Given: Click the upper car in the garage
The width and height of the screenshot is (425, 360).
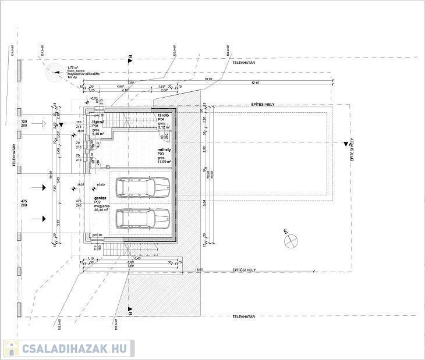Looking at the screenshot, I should [143, 187].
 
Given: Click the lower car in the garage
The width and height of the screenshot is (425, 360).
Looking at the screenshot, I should [143, 218].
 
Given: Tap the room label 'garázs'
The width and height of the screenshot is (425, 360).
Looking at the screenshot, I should [100, 198].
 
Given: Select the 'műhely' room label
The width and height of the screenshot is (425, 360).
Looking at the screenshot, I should [164, 149].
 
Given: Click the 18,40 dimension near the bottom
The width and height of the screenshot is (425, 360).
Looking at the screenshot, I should [199, 269].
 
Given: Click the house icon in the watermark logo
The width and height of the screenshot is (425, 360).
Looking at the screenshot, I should [11, 349].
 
